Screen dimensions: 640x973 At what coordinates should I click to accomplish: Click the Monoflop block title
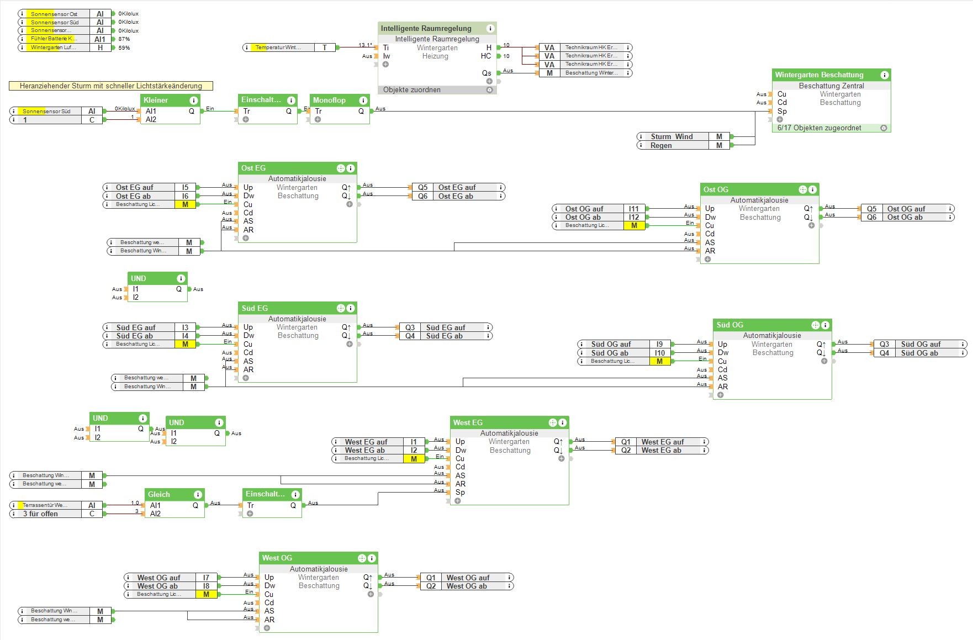[x=329, y=100]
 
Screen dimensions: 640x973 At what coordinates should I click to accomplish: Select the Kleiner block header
[x=156, y=100]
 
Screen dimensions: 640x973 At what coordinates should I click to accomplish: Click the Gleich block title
[x=159, y=494]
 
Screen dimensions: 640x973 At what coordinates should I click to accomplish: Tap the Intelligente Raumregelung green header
[x=426, y=28]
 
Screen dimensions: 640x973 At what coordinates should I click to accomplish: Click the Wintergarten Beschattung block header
[x=819, y=75]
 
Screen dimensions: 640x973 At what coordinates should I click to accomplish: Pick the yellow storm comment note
[x=110, y=86]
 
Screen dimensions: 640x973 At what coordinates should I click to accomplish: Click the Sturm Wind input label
[x=671, y=136]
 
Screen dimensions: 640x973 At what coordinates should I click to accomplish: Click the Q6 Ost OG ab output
[x=906, y=217]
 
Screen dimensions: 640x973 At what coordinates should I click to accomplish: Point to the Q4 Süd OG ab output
[x=919, y=353]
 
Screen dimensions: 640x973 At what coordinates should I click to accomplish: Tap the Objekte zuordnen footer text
[x=411, y=89]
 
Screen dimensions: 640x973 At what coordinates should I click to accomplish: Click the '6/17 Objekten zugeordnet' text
[x=819, y=128]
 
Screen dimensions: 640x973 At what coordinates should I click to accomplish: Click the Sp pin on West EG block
[x=460, y=492]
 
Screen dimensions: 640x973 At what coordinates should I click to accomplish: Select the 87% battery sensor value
[x=124, y=39]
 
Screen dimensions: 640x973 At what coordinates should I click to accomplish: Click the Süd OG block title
[x=729, y=325]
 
